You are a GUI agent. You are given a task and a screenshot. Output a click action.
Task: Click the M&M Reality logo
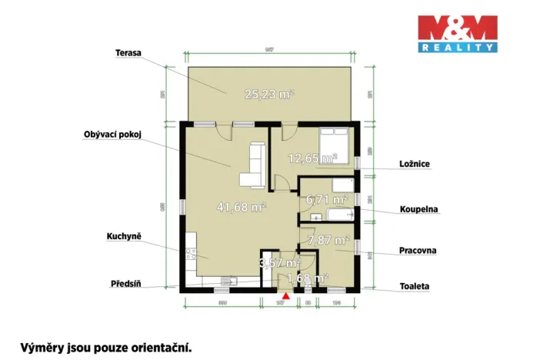tap(457, 34)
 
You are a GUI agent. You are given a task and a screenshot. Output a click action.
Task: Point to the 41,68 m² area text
tap(242, 207)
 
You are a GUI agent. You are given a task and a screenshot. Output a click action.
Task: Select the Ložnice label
tap(415, 164)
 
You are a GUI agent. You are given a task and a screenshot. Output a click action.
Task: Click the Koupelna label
tap(418, 208)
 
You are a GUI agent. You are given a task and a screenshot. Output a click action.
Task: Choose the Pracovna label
tap(418, 250)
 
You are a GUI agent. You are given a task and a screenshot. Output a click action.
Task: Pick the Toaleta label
tap(415, 286)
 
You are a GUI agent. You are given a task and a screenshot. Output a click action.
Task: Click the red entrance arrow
tap(286, 295)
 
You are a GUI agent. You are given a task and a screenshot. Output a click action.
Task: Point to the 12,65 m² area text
tap(312, 159)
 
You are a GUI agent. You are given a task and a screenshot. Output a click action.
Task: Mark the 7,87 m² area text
tap(328, 241)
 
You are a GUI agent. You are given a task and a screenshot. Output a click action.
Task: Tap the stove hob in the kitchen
tap(188, 255)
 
